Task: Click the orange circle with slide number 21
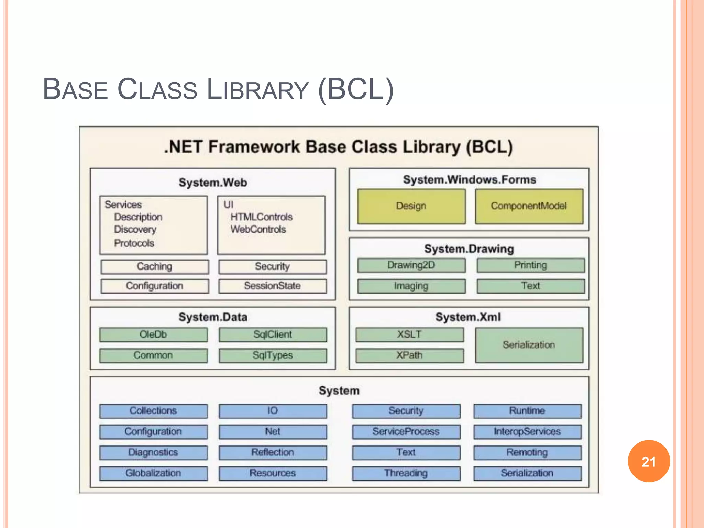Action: point(649,461)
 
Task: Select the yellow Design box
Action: point(411,206)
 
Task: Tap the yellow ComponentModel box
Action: point(529,206)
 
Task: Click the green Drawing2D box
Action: point(411,265)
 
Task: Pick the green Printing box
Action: point(530,265)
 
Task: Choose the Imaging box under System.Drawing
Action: point(411,286)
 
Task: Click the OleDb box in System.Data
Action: point(153,334)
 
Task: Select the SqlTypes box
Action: point(273,355)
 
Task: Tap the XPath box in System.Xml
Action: point(409,355)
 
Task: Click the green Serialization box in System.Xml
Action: point(529,345)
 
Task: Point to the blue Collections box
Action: point(153,411)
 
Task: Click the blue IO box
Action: point(273,411)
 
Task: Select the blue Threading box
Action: point(406,473)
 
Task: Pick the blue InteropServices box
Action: point(527,432)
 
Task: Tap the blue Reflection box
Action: point(273,452)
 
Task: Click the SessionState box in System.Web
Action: point(272,286)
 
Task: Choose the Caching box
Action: point(154,266)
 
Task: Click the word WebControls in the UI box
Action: point(258,229)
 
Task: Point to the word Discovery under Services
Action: point(135,229)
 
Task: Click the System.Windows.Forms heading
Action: point(469,180)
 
